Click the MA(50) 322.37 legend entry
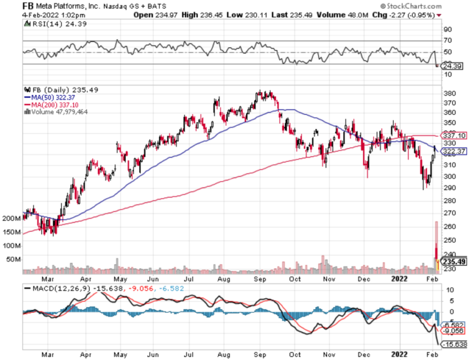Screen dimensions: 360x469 pos(49,97)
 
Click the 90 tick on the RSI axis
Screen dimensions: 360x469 pos(447,29)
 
